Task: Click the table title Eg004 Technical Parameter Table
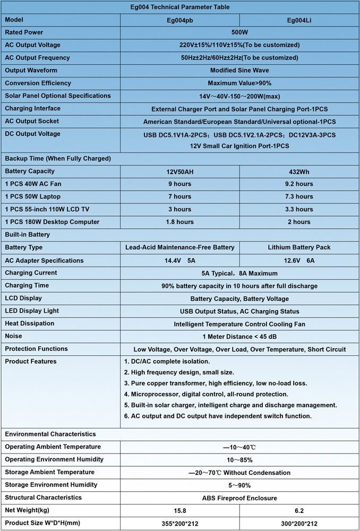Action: pos(180,7)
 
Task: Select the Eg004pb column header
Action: pos(180,20)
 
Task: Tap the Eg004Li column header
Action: pos(299,20)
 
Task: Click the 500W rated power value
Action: pos(239,32)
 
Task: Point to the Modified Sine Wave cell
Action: pos(239,70)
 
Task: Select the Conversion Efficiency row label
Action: pos(38,83)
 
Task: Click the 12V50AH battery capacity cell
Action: pos(179,172)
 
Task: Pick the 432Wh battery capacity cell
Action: pos(299,172)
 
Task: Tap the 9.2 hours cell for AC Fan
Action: pos(299,184)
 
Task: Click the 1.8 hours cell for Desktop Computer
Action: pos(179,222)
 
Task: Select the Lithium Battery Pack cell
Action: pos(299,247)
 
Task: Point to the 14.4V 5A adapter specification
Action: pos(179,261)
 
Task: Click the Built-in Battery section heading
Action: pos(28,234)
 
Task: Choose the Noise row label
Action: pos(14,336)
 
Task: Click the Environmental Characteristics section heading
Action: pos(50,434)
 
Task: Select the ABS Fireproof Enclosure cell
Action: pos(239,498)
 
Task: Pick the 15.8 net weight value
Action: pos(179,511)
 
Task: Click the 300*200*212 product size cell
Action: pos(299,524)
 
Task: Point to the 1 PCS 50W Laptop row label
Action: pos(32,196)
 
